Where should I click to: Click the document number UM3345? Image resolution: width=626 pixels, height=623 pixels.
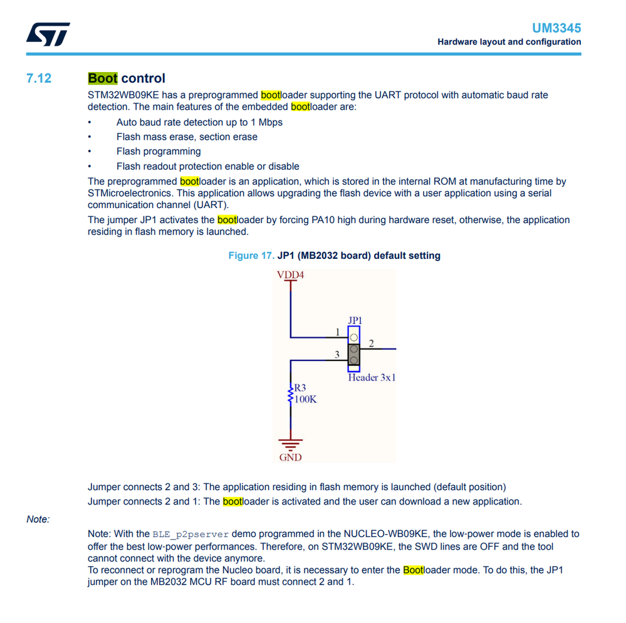pyautogui.click(x=556, y=28)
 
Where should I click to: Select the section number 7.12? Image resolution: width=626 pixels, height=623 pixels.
pyautogui.click(x=39, y=78)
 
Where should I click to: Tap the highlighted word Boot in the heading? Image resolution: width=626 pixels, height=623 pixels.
pyautogui.click(x=103, y=78)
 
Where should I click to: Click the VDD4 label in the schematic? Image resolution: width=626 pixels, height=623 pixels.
pyautogui.click(x=290, y=275)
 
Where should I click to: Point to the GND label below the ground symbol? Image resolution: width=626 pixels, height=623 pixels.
pyautogui.click(x=290, y=457)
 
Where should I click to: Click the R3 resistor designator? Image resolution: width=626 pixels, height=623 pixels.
pyautogui.click(x=300, y=388)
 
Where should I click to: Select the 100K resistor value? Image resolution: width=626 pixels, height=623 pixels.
pyautogui.click(x=306, y=399)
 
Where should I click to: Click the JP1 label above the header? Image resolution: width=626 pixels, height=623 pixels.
pyautogui.click(x=355, y=320)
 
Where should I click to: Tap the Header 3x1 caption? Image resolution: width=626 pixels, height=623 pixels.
pyautogui.click(x=372, y=377)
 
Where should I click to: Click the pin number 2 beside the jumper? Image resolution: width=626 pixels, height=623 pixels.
pyautogui.click(x=371, y=343)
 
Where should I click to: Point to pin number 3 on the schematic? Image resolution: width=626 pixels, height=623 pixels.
pyautogui.click(x=337, y=355)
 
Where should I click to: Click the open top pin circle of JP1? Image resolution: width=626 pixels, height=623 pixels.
pyautogui.click(x=354, y=337)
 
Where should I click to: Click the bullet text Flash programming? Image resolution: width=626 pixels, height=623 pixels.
pyautogui.click(x=159, y=152)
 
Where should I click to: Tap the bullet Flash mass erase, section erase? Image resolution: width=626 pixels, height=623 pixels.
pyautogui.click(x=187, y=137)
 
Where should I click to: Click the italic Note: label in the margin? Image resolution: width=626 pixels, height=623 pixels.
pyautogui.click(x=38, y=519)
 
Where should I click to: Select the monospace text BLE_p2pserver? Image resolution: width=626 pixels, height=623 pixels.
pyautogui.click(x=190, y=535)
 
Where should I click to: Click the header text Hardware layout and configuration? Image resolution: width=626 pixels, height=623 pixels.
pyautogui.click(x=509, y=42)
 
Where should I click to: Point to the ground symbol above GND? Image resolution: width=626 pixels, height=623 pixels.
pyautogui.click(x=290, y=442)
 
